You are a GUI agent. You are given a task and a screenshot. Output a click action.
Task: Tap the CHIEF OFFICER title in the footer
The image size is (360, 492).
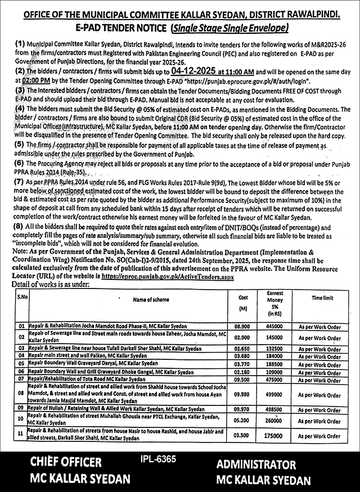[66, 463]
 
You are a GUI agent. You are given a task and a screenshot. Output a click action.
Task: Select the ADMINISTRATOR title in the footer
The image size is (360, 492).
[256, 464]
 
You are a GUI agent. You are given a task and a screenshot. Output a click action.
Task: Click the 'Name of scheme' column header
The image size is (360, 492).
[132, 300]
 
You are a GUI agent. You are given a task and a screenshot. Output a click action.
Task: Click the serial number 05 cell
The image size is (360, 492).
[21, 364]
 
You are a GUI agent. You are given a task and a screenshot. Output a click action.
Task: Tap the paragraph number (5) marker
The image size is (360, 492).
[20, 145]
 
